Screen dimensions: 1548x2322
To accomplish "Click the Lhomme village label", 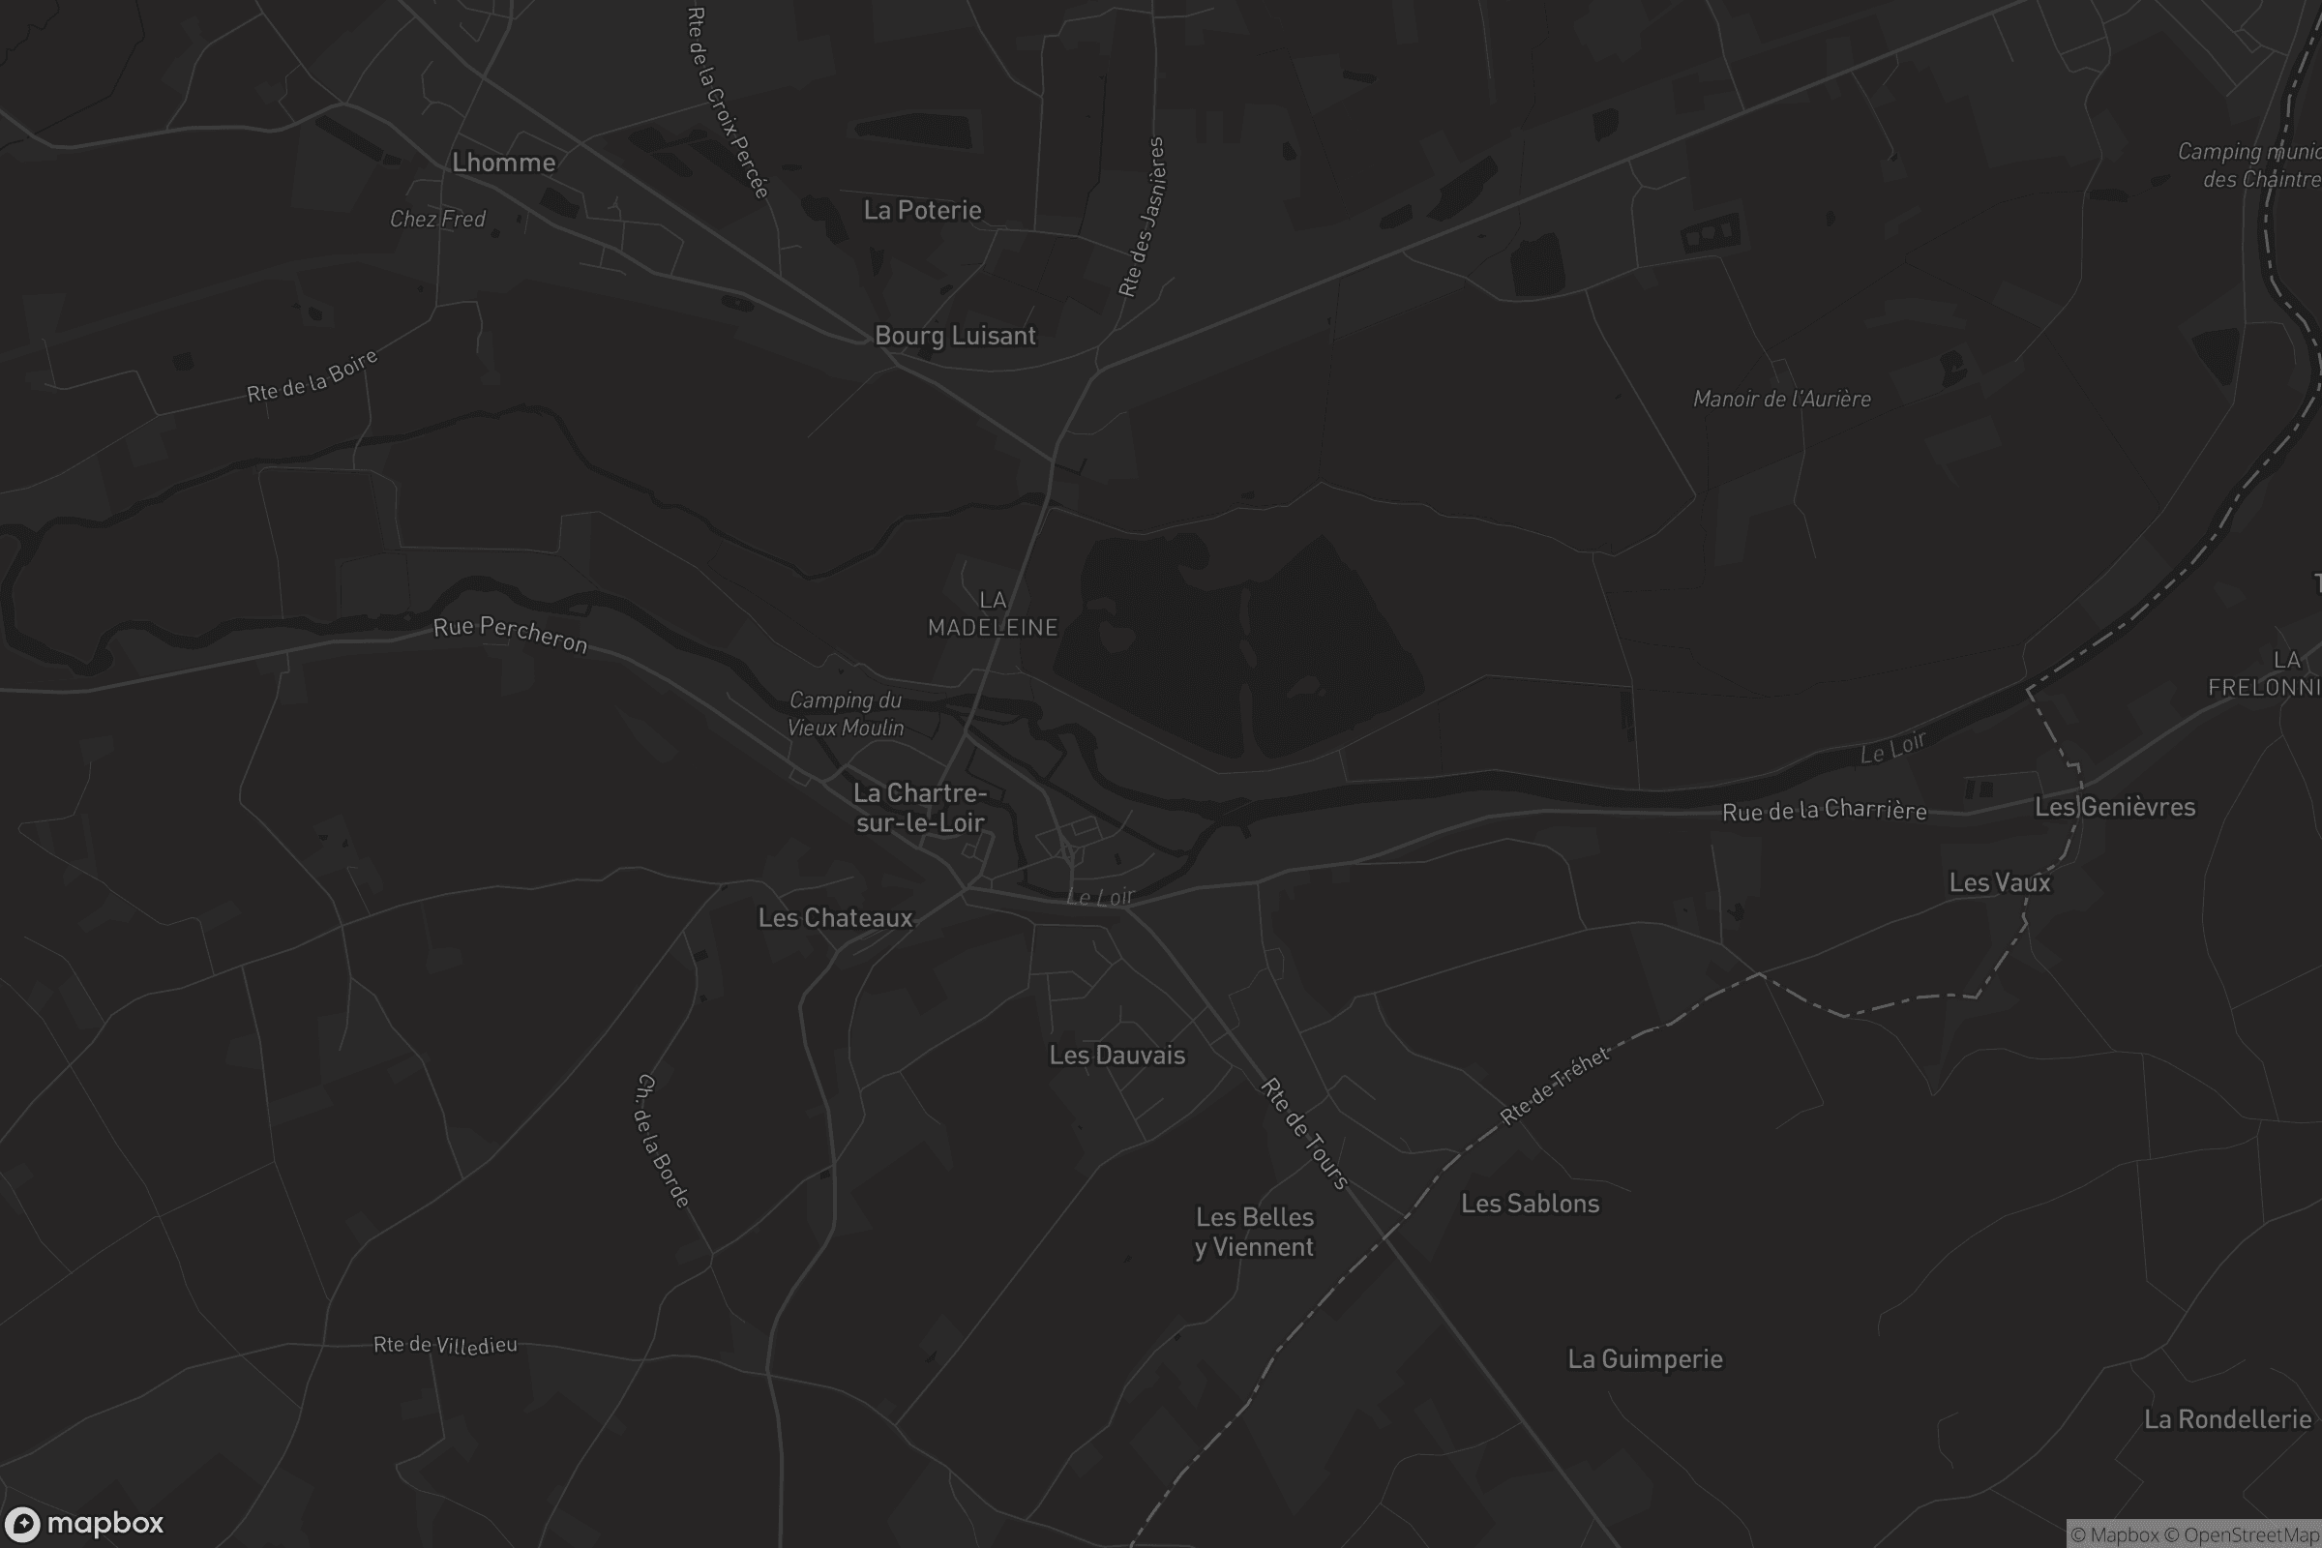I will click(x=503, y=163).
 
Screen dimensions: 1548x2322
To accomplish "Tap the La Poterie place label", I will click(x=922, y=210).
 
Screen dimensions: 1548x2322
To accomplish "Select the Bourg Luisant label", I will click(x=955, y=336).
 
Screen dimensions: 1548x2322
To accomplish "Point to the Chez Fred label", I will click(x=437, y=220).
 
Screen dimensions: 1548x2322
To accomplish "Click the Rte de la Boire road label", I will click(x=312, y=377).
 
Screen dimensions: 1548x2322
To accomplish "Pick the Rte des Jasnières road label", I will click(x=1143, y=217).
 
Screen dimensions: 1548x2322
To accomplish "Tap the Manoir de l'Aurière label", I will click(x=1782, y=399).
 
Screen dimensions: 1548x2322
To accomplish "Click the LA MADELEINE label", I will click(x=993, y=614).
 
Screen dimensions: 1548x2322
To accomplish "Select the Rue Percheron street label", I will click(x=511, y=635).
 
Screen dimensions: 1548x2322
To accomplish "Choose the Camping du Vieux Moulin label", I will click(x=846, y=714).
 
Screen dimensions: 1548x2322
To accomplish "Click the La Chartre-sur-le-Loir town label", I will click(x=920, y=808).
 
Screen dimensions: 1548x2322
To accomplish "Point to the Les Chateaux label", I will click(x=835, y=918).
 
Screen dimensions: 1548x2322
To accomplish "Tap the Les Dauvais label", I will click(x=1116, y=1056).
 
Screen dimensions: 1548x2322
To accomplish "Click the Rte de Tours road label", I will click(x=1304, y=1134).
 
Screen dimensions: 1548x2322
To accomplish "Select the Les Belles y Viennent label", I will click(x=1254, y=1232).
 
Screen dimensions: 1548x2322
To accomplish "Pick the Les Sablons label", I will click(x=1530, y=1204).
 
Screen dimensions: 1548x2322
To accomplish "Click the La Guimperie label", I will click(x=1645, y=1359).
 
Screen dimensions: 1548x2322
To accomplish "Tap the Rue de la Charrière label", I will click(x=1824, y=811).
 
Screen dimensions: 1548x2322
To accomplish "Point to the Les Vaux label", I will click(x=1999, y=882).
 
